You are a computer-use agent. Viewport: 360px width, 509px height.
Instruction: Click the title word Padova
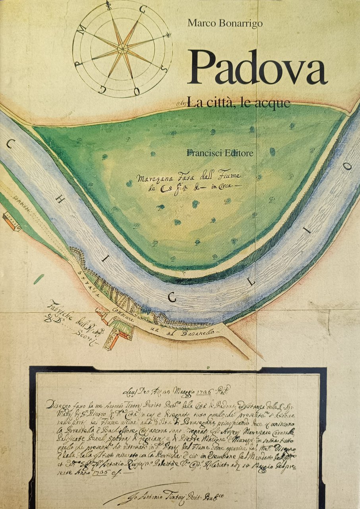coord(257,68)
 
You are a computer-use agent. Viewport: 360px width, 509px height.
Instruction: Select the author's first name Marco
coord(202,23)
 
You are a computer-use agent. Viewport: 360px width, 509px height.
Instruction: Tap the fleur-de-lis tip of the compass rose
coord(108,6)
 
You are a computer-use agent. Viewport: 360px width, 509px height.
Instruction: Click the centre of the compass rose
coord(122,49)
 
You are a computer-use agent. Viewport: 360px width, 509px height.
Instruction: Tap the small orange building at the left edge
coord(12,222)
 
